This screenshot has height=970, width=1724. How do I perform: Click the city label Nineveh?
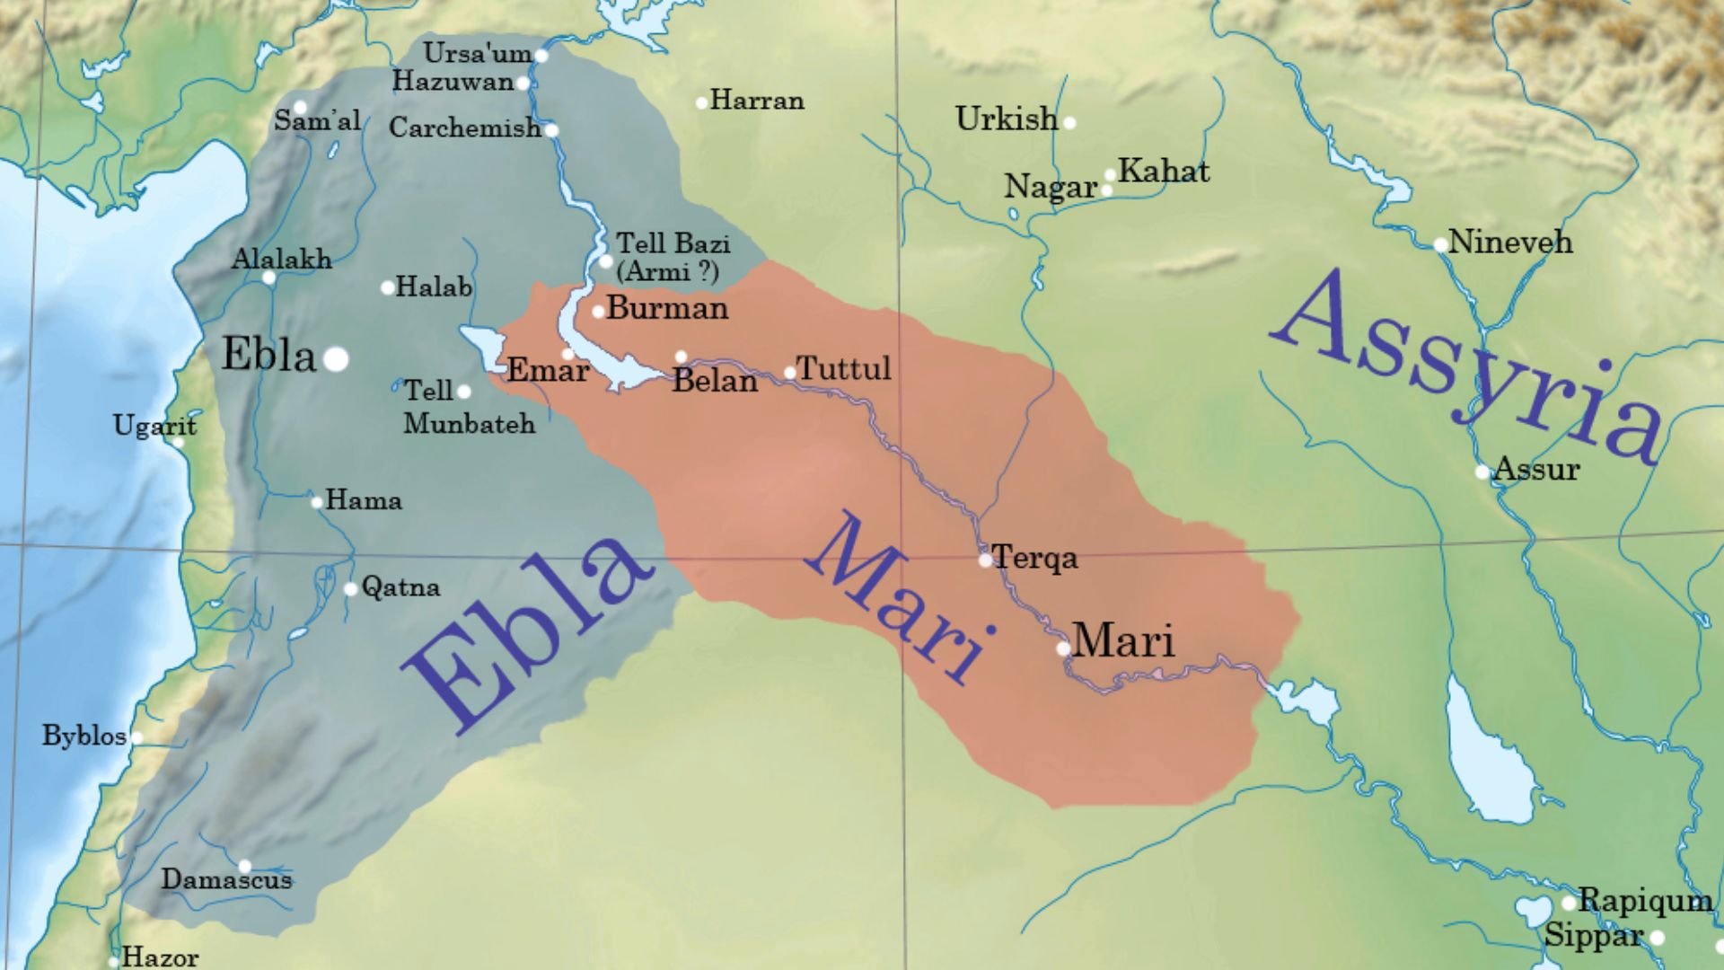click(x=1510, y=242)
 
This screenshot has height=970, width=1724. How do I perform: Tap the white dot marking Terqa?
click(x=985, y=560)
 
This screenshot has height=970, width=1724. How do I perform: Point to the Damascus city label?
click(x=226, y=879)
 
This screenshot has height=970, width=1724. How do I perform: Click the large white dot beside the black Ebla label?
click(x=336, y=359)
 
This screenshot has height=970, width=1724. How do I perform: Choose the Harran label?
click(x=757, y=100)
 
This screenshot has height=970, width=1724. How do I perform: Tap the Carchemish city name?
click(x=464, y=128)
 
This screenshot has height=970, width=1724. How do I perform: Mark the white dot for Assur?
click(x=1482, y=472)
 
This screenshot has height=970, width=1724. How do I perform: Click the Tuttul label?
click(x=843, y=368)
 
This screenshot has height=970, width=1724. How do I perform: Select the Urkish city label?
click(x=1007, y=119)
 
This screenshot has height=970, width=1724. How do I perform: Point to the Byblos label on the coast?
click(x=84, y=736)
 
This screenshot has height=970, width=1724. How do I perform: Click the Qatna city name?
click(x=400, y=587)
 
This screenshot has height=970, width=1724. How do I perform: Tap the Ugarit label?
click(x=154, y=425)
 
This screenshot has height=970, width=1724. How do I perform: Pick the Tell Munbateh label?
click(x=469, y=408)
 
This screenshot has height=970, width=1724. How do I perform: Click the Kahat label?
click(x=1164, y=171)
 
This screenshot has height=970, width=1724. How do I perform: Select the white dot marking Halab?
click(x=388, y=288)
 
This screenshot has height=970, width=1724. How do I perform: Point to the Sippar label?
click(x=1593, y=936)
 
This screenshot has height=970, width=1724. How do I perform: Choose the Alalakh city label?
click(x=281, y=260)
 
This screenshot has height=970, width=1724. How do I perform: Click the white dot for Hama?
click(x=317, y=502)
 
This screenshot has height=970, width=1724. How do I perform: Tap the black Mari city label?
click(x=1123, y=641)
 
